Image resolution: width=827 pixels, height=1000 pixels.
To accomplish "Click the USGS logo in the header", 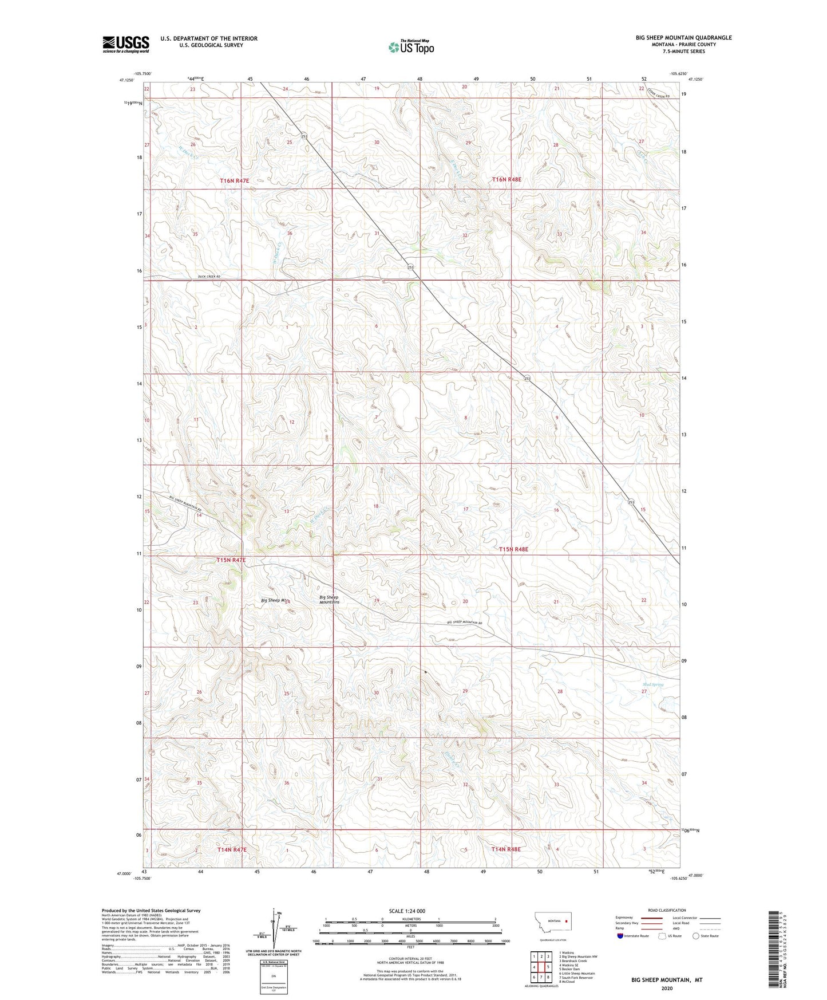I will tap(126, 44).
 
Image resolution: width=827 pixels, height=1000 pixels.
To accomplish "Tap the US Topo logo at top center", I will tap(411, 46).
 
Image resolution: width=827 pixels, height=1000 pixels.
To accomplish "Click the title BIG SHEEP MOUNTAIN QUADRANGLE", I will tap(683, 38).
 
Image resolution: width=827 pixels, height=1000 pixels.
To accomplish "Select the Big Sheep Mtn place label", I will tap(273, 600).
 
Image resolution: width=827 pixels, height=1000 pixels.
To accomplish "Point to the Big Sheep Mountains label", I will tap(329, 600).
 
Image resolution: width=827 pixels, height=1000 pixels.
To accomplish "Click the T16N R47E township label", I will tap(235, 180).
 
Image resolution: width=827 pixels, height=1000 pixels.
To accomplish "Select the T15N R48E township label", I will tap(513, 549).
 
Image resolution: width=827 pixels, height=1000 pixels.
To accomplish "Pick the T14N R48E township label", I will tap(506, 849).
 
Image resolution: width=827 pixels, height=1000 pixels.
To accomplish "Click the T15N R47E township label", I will tap(231, 560).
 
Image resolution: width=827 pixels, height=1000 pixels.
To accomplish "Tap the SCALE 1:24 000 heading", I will tap(406, 911).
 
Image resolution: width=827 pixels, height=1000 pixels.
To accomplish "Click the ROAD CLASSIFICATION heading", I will tap(667, 910).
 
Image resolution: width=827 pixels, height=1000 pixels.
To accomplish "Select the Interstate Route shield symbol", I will tap(620, 936).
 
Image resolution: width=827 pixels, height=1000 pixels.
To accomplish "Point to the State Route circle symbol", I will tap(696, 936).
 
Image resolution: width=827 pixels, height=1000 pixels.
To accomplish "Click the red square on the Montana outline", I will tap(567, 922).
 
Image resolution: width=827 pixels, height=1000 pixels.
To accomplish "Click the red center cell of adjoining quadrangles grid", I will tap(541, 967).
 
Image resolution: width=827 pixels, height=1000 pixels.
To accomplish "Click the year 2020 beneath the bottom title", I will tap(667, 988).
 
